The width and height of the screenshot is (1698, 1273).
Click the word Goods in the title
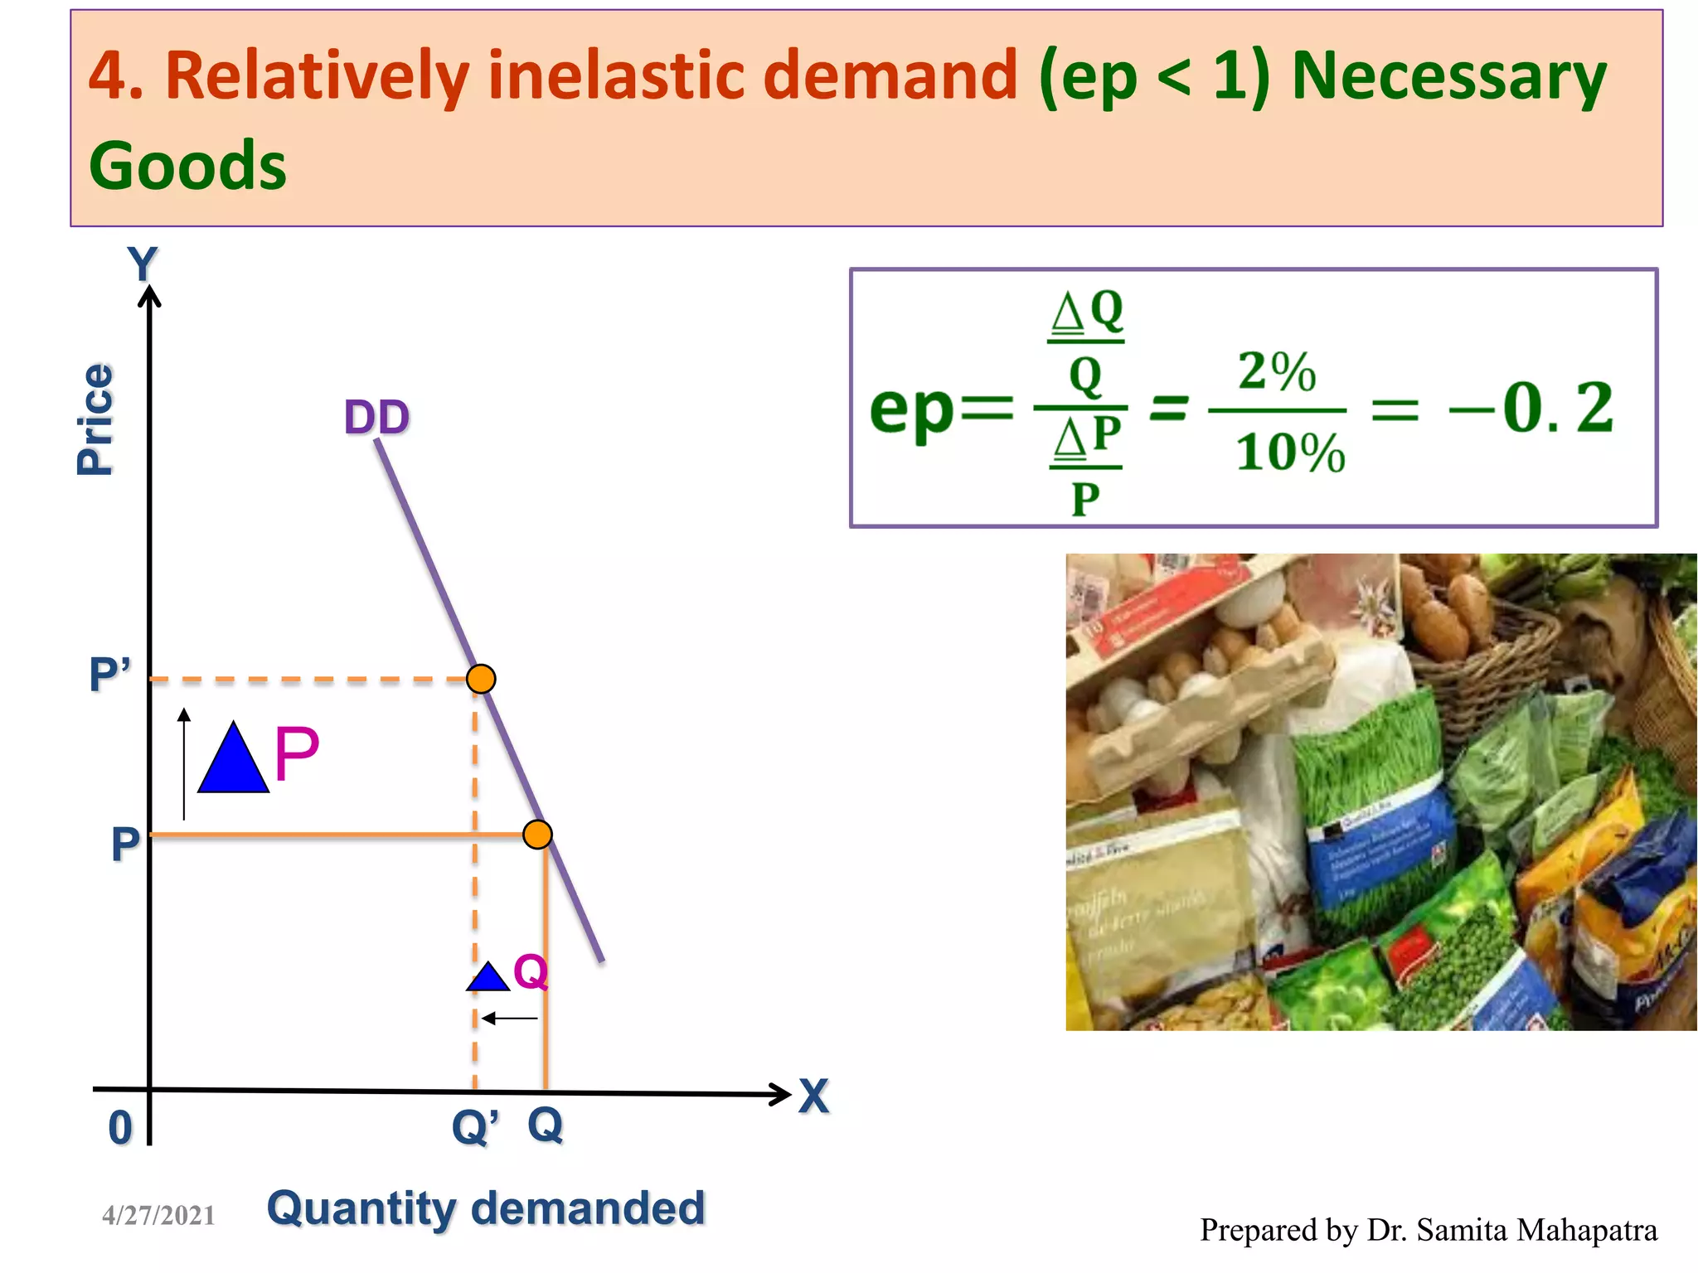187,166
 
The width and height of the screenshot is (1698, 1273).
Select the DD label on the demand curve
376,417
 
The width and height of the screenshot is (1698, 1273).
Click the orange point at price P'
481,679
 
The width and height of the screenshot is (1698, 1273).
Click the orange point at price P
537,834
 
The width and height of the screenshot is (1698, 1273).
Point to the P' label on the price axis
109,674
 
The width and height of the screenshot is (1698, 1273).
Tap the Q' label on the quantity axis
474,1127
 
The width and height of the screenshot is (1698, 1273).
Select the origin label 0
120,1128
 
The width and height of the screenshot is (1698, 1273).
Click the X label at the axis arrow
813,1096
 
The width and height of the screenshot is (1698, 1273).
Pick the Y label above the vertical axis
143,264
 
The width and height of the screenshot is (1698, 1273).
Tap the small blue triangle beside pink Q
488,979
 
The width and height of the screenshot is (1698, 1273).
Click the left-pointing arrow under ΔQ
509,1018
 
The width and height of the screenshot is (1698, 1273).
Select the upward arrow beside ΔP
184,762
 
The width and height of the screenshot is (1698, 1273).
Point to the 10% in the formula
1289,453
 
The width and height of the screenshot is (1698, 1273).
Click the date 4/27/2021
158,1215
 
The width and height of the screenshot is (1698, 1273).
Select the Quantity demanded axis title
486,1208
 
